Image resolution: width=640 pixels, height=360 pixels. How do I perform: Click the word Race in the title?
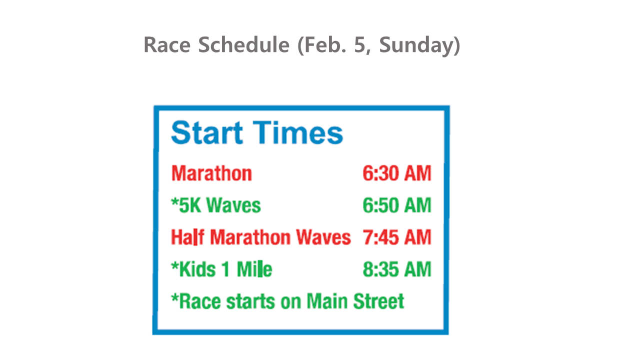coord(167,45)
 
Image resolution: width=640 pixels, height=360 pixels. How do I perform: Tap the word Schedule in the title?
coord(244,45)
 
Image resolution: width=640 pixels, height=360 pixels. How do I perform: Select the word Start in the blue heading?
coord(207,132)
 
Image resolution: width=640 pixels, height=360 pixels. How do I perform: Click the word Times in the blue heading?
coord(298,132)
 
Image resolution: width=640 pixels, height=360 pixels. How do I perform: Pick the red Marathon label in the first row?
coord(211,173)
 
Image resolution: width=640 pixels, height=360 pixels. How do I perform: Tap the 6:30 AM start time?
coord(397,173)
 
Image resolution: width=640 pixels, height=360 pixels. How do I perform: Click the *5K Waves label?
coord(216,205)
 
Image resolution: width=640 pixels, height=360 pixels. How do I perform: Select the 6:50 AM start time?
coord(397,205)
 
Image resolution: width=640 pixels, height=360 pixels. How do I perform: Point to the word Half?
coord(187,237)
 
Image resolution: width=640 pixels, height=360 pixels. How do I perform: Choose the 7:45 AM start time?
coord(397,237)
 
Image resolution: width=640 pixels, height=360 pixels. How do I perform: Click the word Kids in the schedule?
coord(197,269)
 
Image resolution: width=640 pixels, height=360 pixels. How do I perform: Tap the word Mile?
coord(254,269)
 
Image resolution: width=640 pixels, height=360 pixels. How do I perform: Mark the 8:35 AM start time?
coord(397,269)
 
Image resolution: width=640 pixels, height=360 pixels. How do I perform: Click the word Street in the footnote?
coord(378,301)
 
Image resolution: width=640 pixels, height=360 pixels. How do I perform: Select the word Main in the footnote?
coord(327,301)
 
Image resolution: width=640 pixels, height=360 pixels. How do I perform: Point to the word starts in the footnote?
coord(250,301)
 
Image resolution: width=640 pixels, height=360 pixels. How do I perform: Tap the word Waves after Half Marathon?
coord(323,237)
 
